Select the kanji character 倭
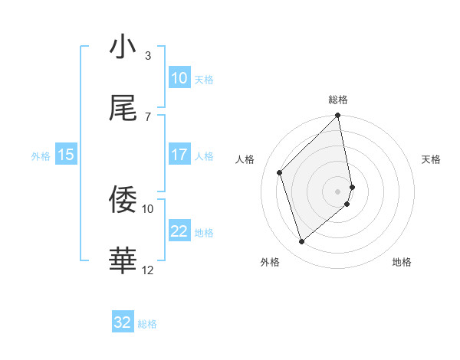point(123,200)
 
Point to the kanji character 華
point(123,261)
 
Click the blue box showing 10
point(179,78)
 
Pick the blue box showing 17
point(179,155)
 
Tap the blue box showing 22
point(179,231)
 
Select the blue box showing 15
point(66,155)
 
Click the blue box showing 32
point(123,322)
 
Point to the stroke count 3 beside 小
point(148,55)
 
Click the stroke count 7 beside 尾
point(148,116)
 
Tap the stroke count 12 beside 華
point(148,270)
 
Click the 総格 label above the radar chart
point(338,100)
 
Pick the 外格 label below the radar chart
point(270,262)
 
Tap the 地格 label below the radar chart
point(402,262)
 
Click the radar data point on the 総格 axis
point(338,116)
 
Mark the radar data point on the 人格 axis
point(280,172)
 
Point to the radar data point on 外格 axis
point(302,241)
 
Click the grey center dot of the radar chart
point(338,191)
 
